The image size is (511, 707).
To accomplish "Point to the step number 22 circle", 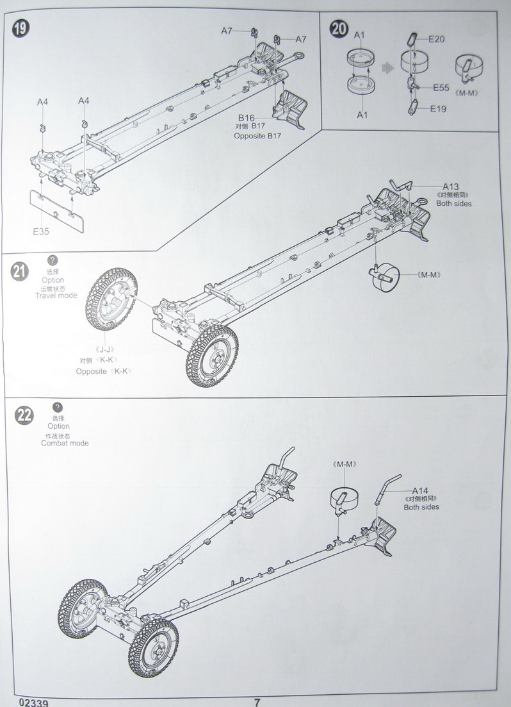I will pyautogui.click(x=24, y=416).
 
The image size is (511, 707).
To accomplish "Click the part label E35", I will pyautogui.click(x=42, y=232).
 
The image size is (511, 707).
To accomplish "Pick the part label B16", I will pyautogui.click(x=247, y=118).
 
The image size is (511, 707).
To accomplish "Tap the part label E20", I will pyautogui.click(x=437, y=39).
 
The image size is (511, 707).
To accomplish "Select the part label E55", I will pyautogui.click(x=441, y=87).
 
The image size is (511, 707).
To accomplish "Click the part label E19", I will pyautogui.click(x=438, y=109).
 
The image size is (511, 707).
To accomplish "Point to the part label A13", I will pyautogui.click(x=450, y=187).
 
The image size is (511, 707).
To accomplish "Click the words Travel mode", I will pyautogui.click(x=56, y=295).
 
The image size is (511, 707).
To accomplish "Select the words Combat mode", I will pyautogui.click(x=65, y=443).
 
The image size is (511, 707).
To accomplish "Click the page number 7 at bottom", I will pyautogui.click(x=257, y=701).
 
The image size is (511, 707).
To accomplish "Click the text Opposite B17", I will pyautogui.click(x=257, y=136).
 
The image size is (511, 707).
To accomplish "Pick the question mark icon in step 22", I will pyautogui.click(x=58, y=407).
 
